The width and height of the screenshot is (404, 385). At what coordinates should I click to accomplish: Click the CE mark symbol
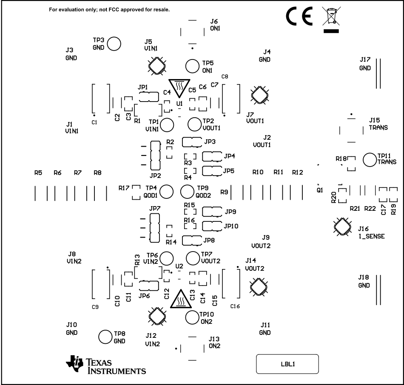(299, 17)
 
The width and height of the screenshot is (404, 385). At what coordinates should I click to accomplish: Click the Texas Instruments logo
(106, 365)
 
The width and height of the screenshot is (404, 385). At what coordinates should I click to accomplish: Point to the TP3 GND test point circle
(114, 43)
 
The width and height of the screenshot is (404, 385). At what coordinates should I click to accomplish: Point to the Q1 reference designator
(320, 190)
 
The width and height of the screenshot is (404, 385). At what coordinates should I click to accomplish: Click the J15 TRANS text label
(378, 124)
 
